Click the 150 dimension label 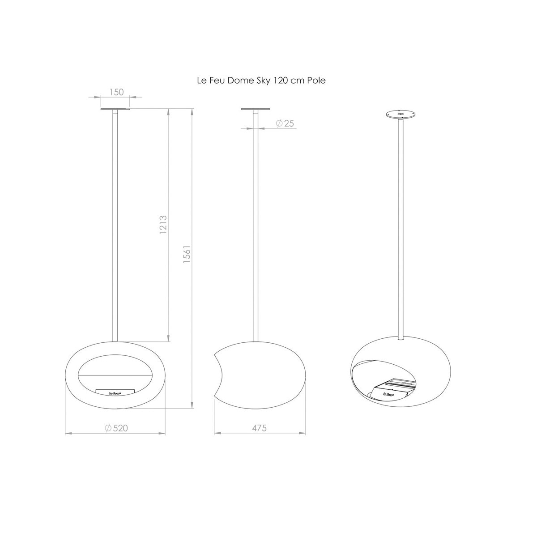pyautogui.click(x=116, y=92)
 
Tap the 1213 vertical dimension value pyautogui.click(x=163, y=225)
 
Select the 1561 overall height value pyautogui.click(x=187, y=254)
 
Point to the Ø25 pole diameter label pyautogui.click(x=285, y=123)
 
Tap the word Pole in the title pyautogui.click(x=316, y=81)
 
